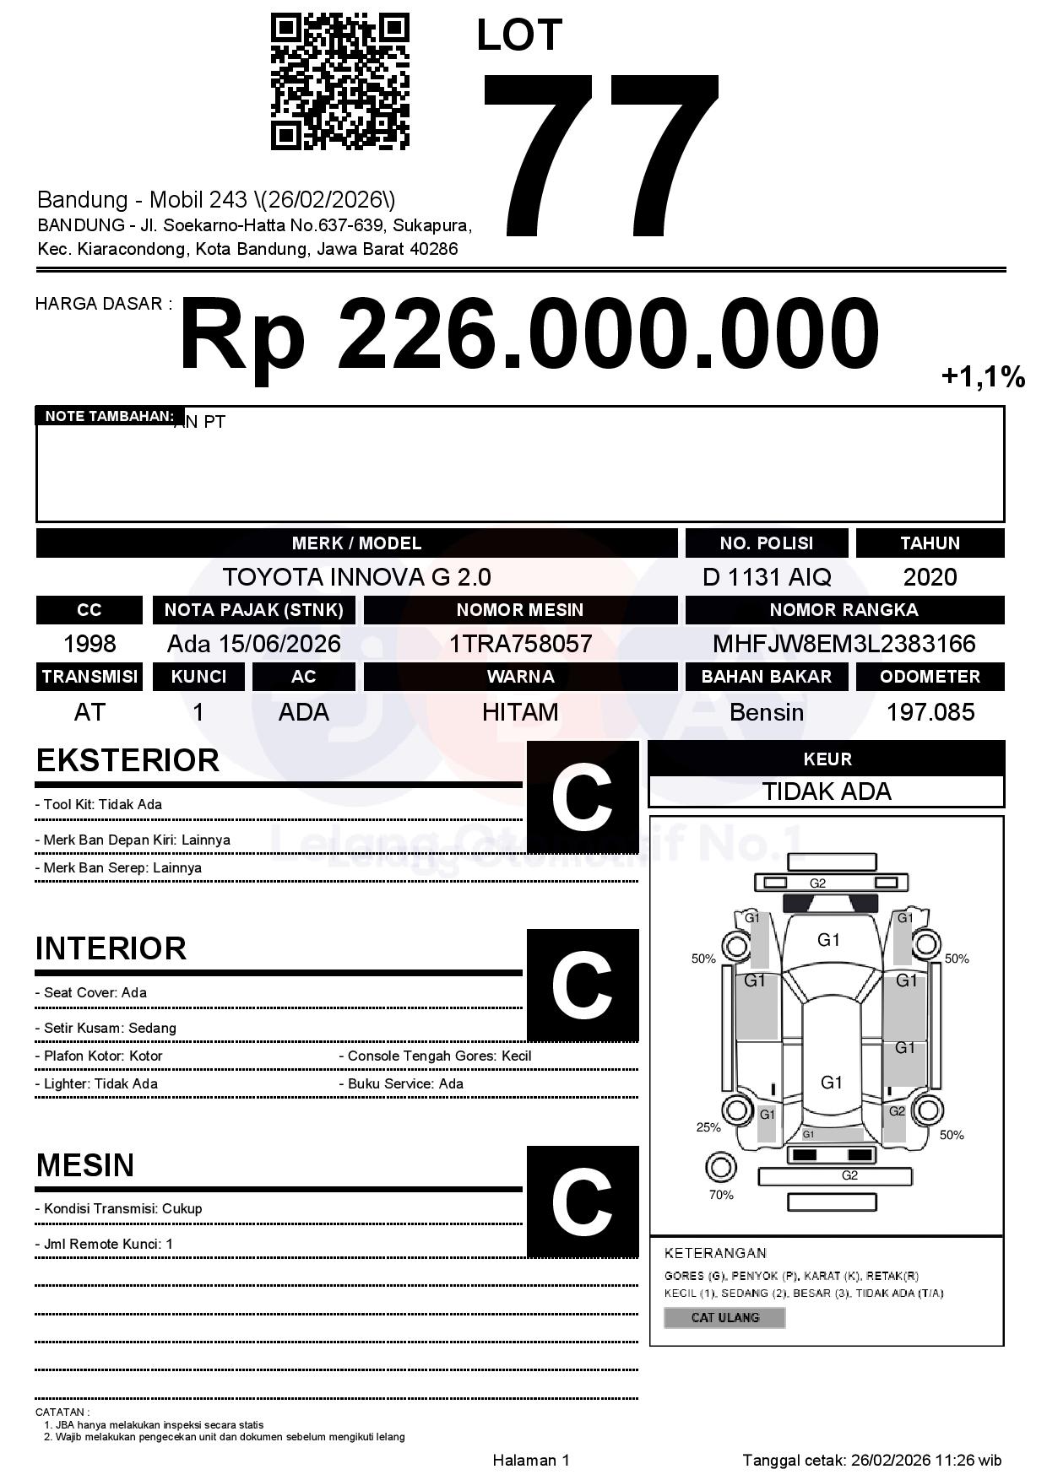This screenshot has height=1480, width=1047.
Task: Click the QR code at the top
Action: pos(339,82)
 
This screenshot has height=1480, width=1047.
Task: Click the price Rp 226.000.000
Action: pos(529,334)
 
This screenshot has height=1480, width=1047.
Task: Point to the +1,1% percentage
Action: pos(983,376)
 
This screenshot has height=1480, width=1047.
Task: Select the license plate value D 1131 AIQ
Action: pos(766,577)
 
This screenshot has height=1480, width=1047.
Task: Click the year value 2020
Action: pos(930,577)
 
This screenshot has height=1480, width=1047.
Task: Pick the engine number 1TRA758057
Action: pos(520,644)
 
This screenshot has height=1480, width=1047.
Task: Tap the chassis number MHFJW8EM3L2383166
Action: pos(844,644)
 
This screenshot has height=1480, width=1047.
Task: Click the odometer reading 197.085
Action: pos(930,712)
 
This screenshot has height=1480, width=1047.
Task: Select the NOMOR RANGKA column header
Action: pos(844,610)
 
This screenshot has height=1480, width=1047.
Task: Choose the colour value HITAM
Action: pos(520,712)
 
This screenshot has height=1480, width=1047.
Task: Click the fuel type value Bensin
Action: pos(766,712)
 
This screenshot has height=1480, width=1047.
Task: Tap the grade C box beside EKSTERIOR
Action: pos(582,797)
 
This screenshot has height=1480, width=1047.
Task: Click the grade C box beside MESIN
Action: pos(582,1201)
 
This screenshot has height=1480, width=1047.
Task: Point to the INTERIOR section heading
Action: pos(111,948)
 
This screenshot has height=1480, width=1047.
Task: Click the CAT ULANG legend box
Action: pos(724,1317)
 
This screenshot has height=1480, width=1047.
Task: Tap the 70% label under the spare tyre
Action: pos(721,1195)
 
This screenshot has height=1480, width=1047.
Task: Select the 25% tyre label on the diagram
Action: pos(708,1127)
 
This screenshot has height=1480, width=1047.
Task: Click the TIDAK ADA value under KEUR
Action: pos(827,791)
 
